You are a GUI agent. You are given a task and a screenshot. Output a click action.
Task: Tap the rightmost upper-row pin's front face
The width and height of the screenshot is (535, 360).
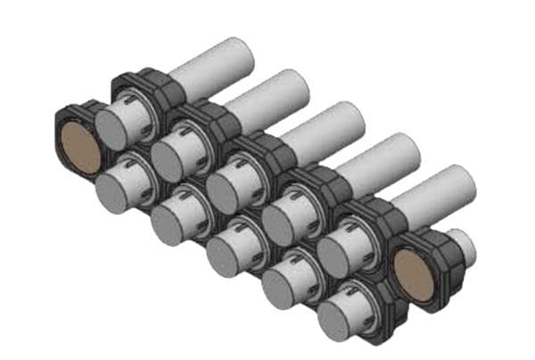[x=336, y=253]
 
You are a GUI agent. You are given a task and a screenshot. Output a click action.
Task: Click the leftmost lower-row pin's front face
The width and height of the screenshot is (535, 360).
[x=114, y=192]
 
